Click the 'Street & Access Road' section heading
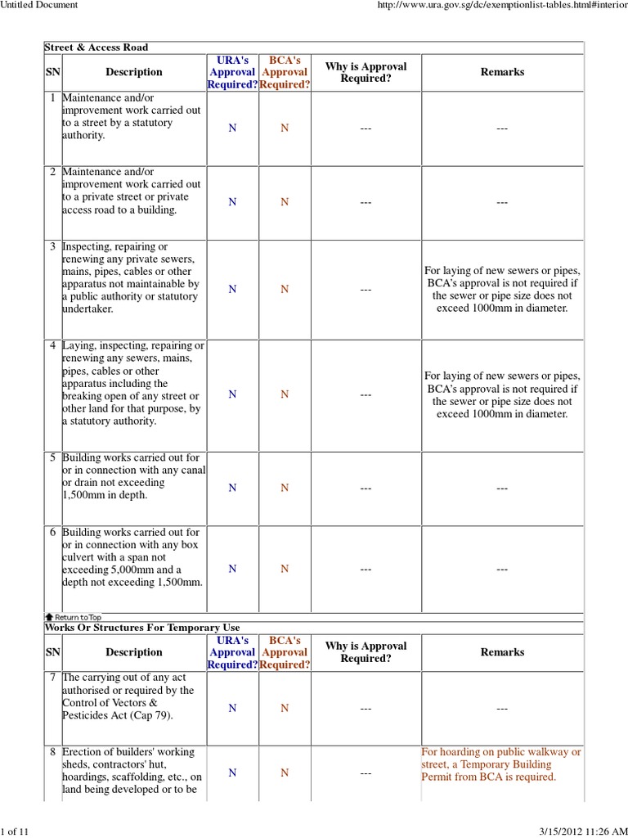pos(96,47)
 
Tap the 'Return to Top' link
pos(73,617)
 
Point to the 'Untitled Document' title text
pos(39,5)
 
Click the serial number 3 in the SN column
pos(52,246)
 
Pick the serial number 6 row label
pos(52,532)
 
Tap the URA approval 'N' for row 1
pos(232,128)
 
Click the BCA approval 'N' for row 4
pos(285,394)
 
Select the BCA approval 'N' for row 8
pos(285,773)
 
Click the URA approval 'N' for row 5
pos(232,488)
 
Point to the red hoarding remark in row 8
pos(501,764)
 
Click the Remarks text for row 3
pos(501,289)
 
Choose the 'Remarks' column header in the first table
pos(501,72)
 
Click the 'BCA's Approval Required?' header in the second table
pos(285,652)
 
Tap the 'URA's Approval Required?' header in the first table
pos(232,72)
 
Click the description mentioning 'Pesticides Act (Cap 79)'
pos(128,696)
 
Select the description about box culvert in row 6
pos(132,556)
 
